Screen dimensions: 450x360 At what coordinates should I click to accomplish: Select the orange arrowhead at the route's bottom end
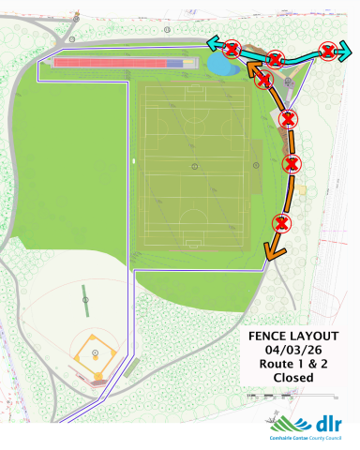click(270, 250)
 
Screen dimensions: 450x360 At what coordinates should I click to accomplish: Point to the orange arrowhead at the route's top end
click(251, 67)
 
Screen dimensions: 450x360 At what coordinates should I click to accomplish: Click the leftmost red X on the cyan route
click(232, 49)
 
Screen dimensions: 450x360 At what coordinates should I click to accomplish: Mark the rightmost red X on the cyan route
click(327, 52)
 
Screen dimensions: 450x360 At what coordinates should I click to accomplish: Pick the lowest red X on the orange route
click(280, 222)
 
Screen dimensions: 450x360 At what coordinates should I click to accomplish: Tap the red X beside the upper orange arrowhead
click(263, 80)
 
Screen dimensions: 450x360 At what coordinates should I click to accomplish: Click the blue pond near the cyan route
click(221, 64)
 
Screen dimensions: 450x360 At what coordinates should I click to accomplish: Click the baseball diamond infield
click(96, 354)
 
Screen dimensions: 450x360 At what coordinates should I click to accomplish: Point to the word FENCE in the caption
click(266, 337)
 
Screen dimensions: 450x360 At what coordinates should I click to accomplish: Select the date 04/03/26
click(292, 351)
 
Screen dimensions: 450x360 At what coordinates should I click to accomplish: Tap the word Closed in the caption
click(292, 378)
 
